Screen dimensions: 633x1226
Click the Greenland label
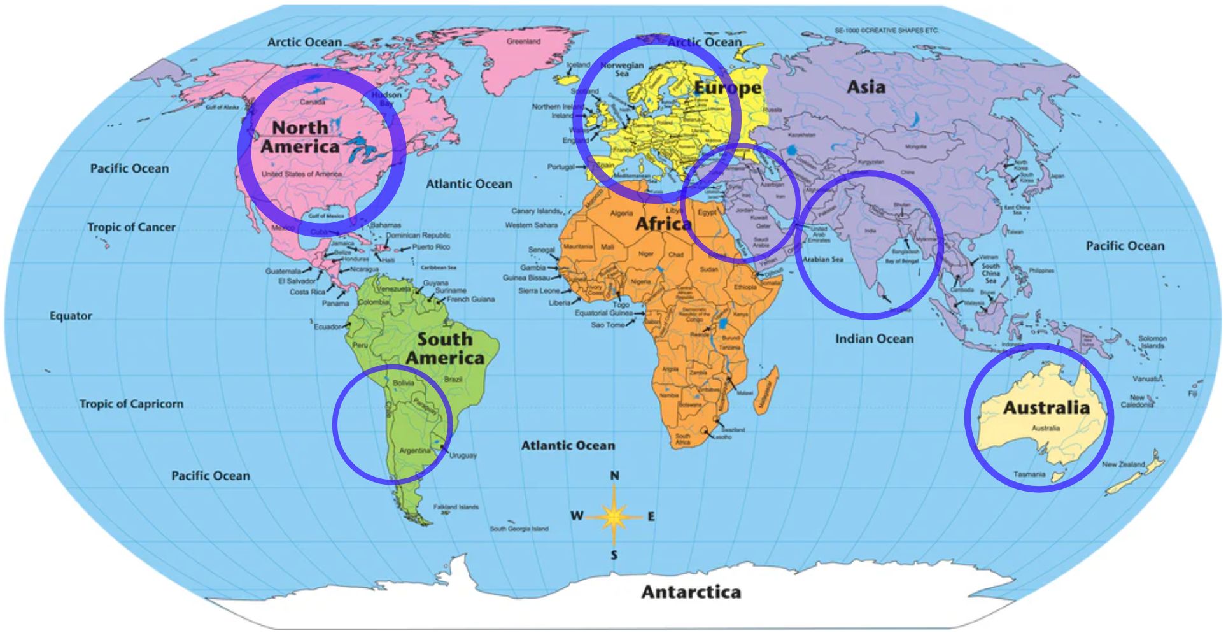click(x=523, y=41)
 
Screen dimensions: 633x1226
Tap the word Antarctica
click(x=691, y=592)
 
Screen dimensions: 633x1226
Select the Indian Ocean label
click(x=874, y=339)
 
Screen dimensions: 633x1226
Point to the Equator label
click(x=71, y=316)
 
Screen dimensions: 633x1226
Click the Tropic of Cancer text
click(x=131, y=227)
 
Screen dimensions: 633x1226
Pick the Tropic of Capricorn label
click(x=131, y=404)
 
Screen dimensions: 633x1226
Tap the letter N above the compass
click(x=614, y=476)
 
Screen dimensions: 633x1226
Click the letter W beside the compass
click(x=576, y=516)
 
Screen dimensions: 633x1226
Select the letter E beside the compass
click(x=651, y=516)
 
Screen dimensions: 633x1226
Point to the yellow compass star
click(x=614, y=516)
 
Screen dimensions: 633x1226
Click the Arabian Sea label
click(x=822, y=259)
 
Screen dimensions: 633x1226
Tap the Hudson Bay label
click(x=386, y=99)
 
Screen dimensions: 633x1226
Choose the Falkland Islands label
click(x=456, y=507)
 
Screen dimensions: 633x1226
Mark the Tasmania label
click(x=1029, y=474)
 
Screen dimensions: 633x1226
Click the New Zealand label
click(x=1124, y=464)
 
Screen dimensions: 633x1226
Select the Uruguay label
click(x=463, y=455)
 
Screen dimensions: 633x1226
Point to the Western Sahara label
click(x=531, y=225)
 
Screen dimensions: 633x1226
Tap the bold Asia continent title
click(x=866, y=87)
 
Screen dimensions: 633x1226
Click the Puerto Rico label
click(x=431, y=247)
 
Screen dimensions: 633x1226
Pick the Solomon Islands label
click(x=1152, y=342)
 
